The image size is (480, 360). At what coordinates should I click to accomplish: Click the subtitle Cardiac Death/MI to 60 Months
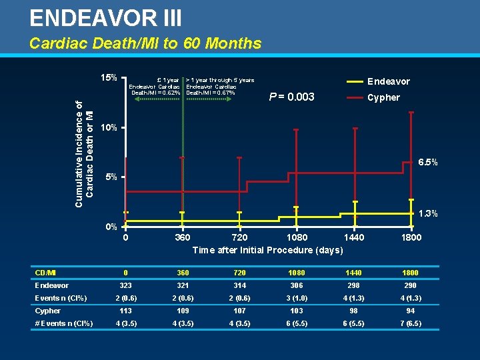tap(145, 44)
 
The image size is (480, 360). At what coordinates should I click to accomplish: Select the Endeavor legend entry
tap(389, 81)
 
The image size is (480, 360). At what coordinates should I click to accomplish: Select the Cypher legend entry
tap(383, 97)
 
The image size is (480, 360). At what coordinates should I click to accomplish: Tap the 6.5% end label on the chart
tap(427, 162)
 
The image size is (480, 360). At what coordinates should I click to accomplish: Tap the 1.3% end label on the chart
tap(427, 213)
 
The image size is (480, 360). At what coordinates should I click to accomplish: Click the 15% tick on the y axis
tap(109, 77)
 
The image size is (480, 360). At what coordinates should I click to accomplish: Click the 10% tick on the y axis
tap(109, 127)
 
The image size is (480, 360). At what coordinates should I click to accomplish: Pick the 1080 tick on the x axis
tap(297, 237)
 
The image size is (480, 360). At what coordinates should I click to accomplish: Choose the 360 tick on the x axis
tap(182, 237)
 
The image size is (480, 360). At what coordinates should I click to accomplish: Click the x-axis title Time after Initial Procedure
tap(267, 250)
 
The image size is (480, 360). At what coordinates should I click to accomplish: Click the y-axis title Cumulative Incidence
tap(84, 153)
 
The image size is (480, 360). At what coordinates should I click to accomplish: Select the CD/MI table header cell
tap(45, 273)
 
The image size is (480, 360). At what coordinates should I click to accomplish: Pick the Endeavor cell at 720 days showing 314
tap(239, 285)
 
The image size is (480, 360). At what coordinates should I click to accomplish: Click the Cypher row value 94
tap(411, 311)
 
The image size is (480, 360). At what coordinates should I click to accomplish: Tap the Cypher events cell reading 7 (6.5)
tap(411, 323)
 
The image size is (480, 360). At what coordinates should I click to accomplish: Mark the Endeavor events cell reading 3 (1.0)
tap(297, 298)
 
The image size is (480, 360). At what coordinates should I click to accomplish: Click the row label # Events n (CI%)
tap(64, 323)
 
